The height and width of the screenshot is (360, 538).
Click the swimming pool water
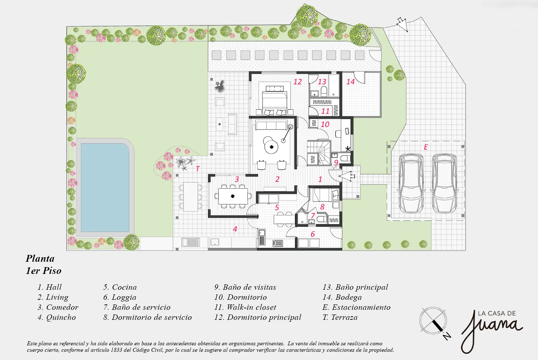105,187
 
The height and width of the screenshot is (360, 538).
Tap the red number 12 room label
297,82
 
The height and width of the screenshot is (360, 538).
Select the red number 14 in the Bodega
350,82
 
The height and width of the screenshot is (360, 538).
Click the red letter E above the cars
426,147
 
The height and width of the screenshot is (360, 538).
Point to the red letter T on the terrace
198,169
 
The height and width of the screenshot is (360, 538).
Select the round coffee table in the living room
272,147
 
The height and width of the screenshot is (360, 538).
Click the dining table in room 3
233,196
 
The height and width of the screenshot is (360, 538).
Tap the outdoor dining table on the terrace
190,197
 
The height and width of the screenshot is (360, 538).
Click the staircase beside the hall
320,153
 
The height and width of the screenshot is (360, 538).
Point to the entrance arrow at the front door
347,176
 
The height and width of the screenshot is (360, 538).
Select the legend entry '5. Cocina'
120,287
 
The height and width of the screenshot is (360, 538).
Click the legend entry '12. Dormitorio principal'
258,317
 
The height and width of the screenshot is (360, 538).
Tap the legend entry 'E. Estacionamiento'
357,307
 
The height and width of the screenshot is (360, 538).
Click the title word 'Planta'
40,259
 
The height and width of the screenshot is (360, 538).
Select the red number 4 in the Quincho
235,229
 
